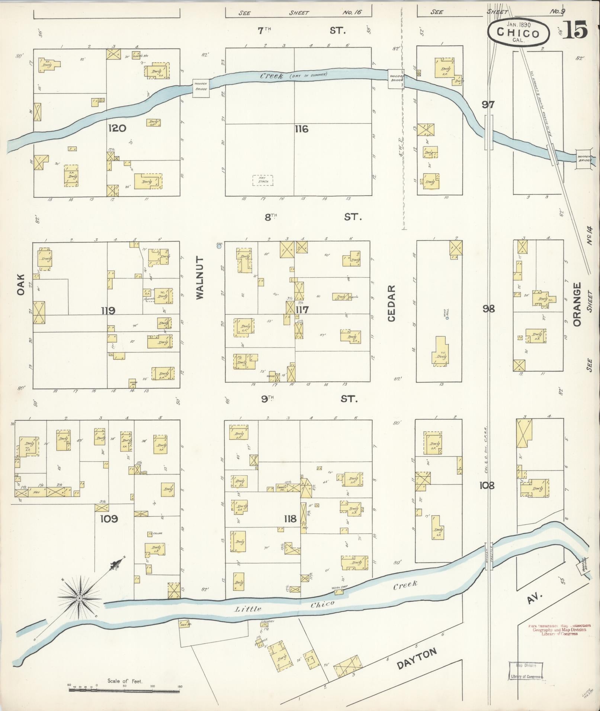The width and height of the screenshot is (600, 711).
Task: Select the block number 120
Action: click(117, 129)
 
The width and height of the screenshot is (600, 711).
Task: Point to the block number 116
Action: click(301, 129)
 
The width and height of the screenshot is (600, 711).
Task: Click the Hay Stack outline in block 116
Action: click(263, 181)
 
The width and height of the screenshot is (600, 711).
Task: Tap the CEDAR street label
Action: click(391, 303)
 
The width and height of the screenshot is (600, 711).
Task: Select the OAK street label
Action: click(20, 285)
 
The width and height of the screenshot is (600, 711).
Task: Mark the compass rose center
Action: click(79, 598)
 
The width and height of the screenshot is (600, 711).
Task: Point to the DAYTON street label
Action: click(416, 659)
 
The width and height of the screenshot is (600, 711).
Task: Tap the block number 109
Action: click(109, 518)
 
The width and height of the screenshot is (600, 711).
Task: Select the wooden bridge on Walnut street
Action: click(200, 89)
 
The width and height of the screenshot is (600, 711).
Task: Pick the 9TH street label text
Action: click(267, 399)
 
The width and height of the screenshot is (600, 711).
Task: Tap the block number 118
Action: click(290, 518)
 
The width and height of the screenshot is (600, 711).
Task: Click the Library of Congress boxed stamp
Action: click(525, 671)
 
